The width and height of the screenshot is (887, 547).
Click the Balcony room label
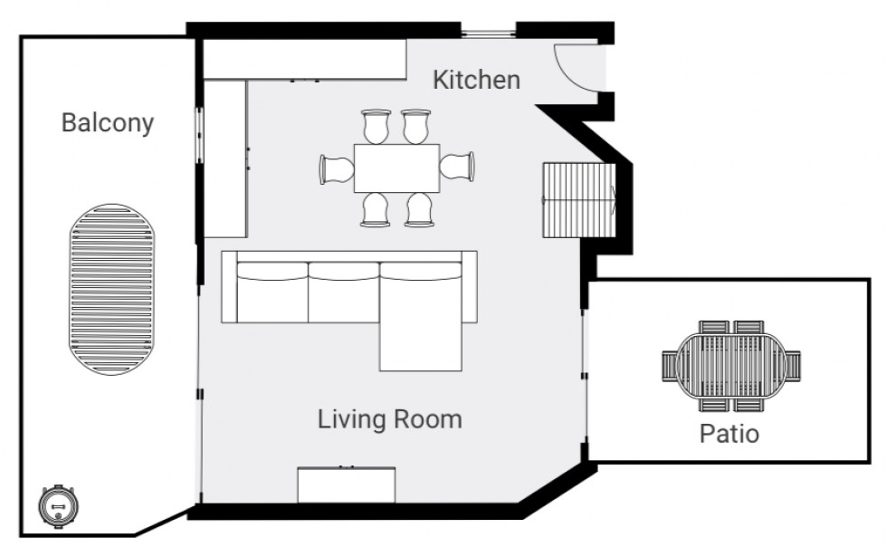(x=107, y=123)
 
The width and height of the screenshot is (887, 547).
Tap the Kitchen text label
(x=476, y=80)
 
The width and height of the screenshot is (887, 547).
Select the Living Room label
(x=389, y=419)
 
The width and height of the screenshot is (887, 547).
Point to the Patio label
(x=729, y=434)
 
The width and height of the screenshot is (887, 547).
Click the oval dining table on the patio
(x=732, y=365)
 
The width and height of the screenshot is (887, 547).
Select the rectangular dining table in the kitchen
(x=396, y=168)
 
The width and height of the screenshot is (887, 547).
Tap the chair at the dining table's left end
(x=337, y=168)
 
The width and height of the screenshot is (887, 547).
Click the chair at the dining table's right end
(x=458, y=167)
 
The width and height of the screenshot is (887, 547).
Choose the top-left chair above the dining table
(x=376, y=126)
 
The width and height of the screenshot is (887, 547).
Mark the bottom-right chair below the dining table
(x=419, y=209)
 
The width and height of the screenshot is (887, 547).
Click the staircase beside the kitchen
(x=578, y=200)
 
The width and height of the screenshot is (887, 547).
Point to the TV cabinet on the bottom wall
(x=347, y=485)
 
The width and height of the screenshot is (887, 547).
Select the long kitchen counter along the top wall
(x=304, y=60)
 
